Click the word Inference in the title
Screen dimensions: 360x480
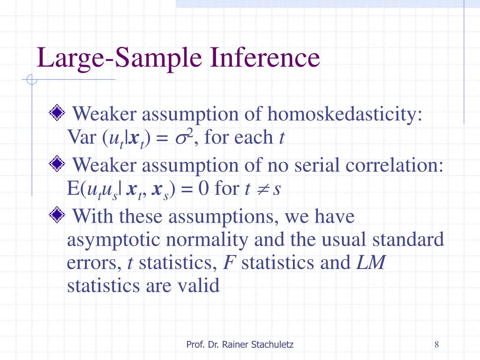pyautogui.click(x=266, y=59)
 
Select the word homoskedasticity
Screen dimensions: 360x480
pyautogui.click(x=345, y=114)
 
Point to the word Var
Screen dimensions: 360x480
pyautogui.click(x=82, y=137)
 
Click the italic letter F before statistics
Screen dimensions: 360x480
pyautogui.click(x=229, y=262)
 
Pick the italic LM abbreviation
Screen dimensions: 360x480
pyautogui.click(x=370, y=262)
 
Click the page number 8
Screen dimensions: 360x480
pyautogui.click(x=436, y=345)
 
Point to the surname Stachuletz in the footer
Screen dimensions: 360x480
pyautogui.click(x=271, y=345)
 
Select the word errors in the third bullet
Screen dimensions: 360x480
pyautogui.click(x=94, y=263)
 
